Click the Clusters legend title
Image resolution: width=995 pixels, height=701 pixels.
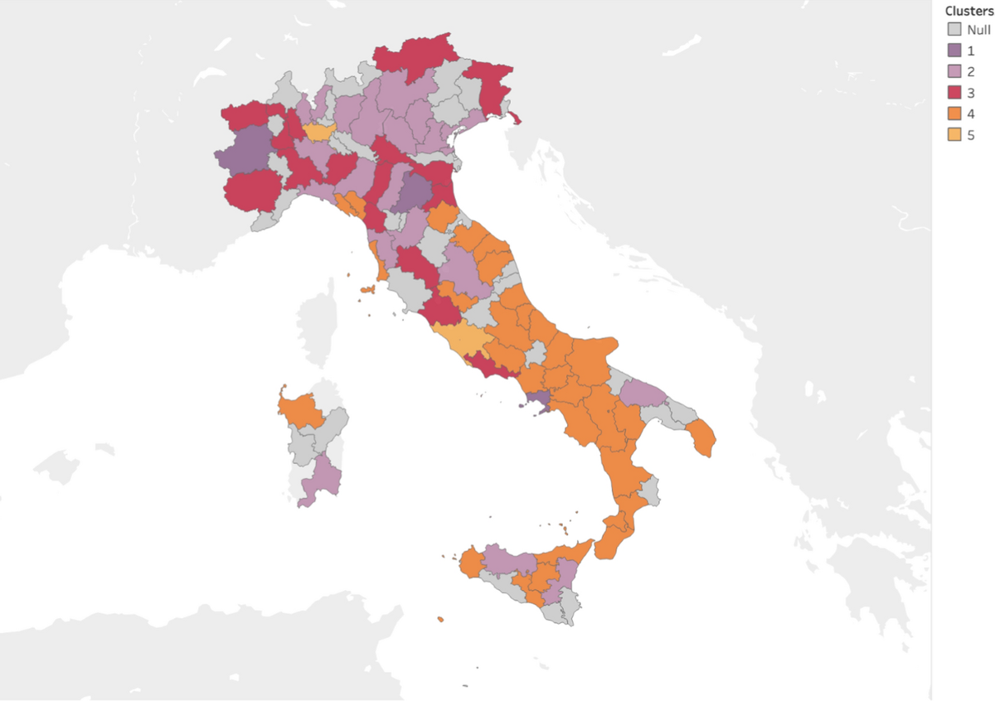(968, 12)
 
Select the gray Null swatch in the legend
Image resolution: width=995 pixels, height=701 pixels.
(954, 30)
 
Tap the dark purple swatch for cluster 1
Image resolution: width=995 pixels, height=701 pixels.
(954, 51)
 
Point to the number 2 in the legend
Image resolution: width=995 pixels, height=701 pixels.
(970, 72)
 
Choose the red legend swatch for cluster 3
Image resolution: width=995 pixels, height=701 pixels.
(954, 93)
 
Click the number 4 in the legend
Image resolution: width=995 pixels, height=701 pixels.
(970, 114)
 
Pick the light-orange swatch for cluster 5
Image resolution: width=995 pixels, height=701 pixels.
(954, 135)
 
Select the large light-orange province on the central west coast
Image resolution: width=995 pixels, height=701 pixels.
(459, 339)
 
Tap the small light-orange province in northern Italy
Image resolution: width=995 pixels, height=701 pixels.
(318, 133)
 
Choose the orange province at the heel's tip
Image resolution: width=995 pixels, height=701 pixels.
(703, 438)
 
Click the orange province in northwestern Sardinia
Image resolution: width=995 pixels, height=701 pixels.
(300, 410)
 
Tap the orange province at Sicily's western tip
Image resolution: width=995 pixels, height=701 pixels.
(470, 563)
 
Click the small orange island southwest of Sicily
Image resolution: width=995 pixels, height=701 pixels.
(439, 618)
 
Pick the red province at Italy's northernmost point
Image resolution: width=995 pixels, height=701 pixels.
(415, 58)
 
